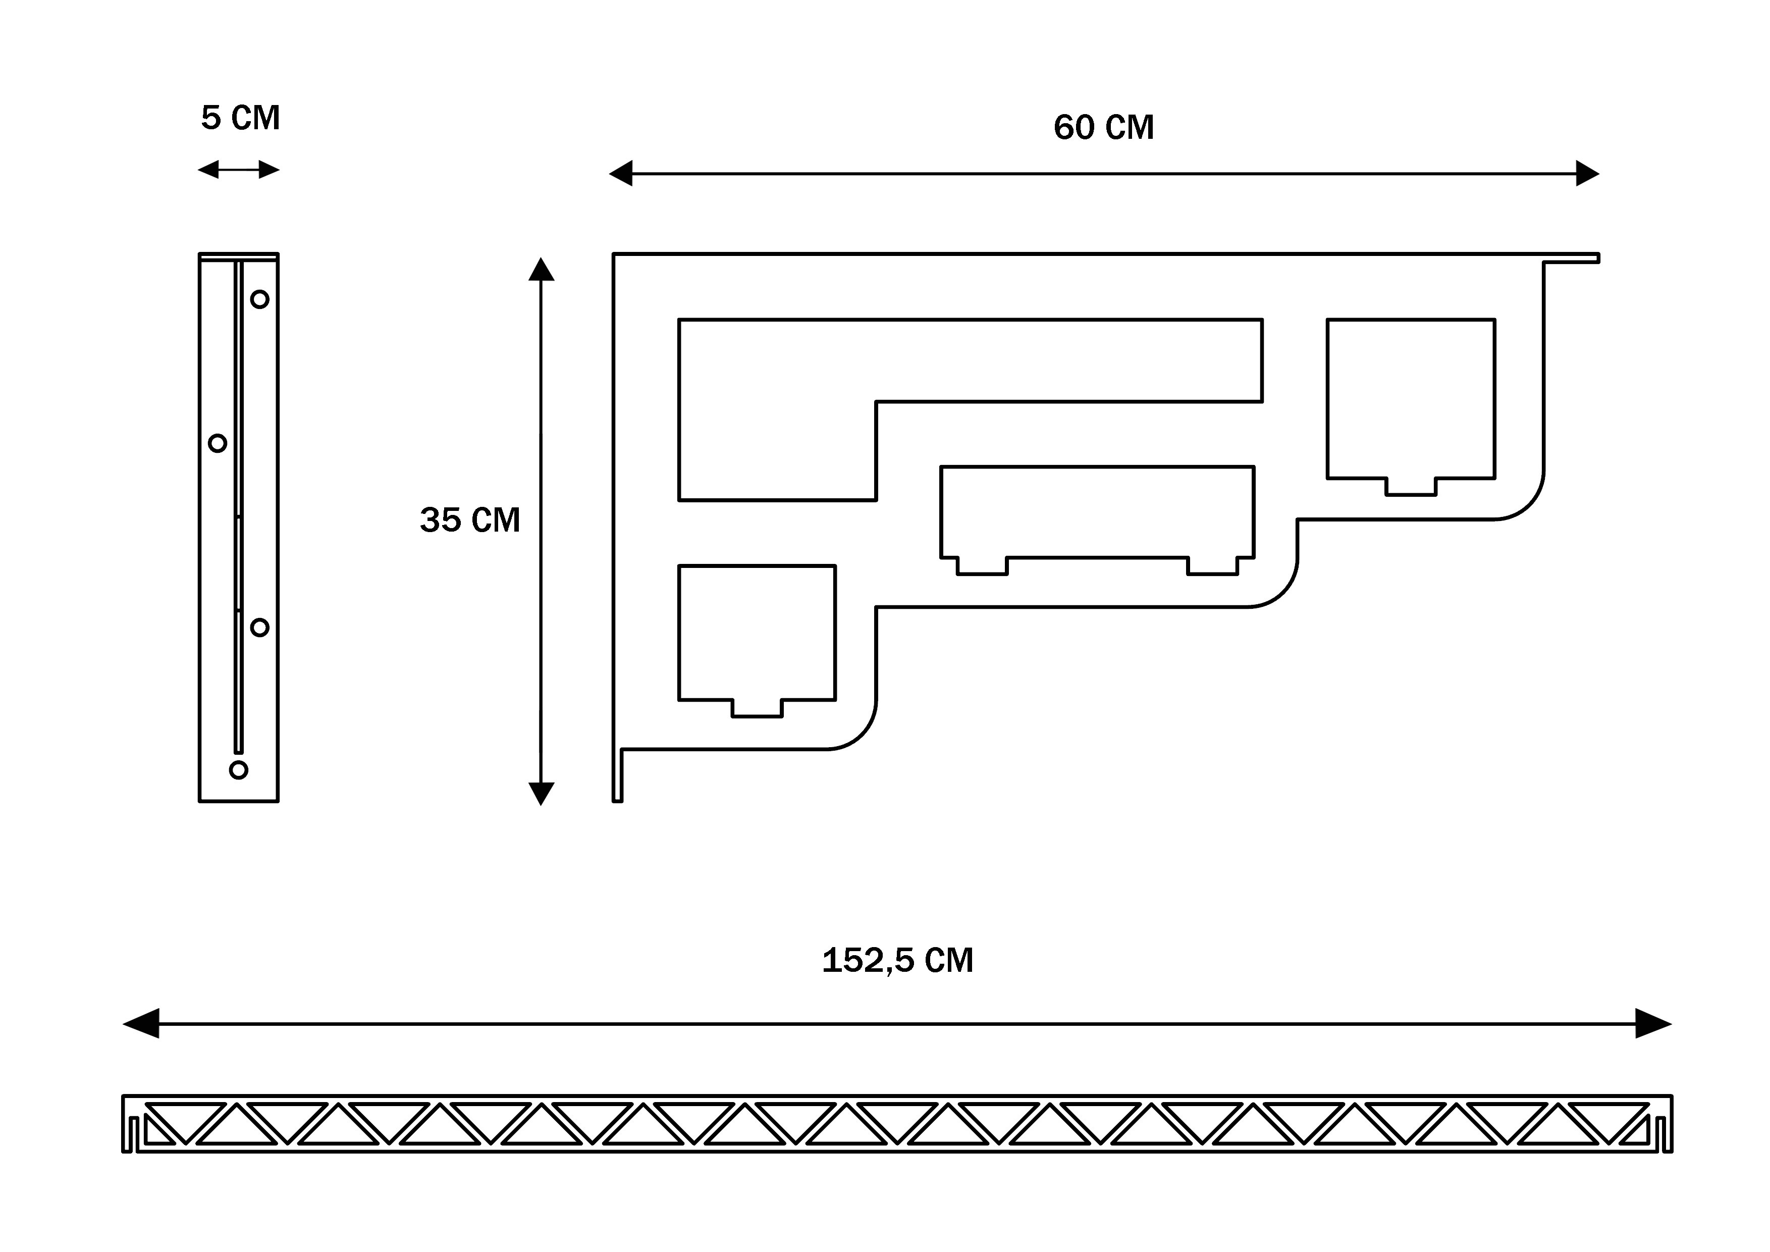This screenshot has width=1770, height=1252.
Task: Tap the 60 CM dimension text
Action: point(1103,127)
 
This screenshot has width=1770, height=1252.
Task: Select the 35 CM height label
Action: point(469,519)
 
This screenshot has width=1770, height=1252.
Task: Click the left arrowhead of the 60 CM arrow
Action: point(621,174)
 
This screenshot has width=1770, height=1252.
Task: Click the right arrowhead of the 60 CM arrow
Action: point(1586,174)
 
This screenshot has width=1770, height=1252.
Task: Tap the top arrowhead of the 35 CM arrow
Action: point(541,270)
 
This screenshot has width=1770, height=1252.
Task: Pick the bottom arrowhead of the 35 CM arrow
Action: point(541,793)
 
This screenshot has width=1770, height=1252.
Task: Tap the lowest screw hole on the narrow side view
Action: point(239,769)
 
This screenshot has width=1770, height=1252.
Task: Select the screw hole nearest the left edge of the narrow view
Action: point(218,443)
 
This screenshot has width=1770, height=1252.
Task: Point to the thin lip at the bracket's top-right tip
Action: point(1573,257)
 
